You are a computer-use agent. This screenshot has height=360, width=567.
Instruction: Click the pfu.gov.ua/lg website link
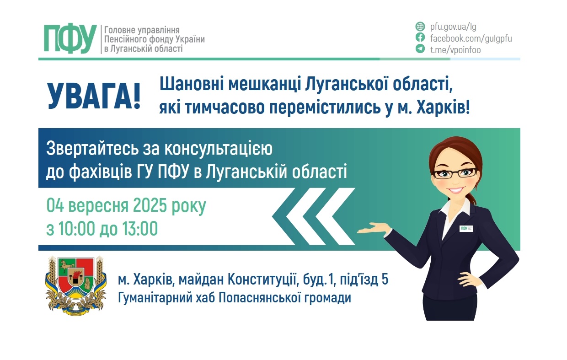453,26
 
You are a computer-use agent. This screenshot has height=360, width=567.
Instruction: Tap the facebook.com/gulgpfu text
471,38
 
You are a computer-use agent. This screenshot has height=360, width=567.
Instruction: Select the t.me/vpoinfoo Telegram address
455,50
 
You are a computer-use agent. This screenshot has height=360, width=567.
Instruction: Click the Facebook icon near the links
420,38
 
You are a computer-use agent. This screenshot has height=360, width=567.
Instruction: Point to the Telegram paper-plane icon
420,49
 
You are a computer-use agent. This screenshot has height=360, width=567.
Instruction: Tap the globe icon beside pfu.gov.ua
420,26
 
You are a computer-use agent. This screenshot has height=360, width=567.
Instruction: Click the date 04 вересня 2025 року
126,206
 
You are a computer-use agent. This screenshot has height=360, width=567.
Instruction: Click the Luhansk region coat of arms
76,286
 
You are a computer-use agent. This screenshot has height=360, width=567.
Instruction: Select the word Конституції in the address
267,279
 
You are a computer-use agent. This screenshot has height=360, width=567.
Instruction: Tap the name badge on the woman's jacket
466,228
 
